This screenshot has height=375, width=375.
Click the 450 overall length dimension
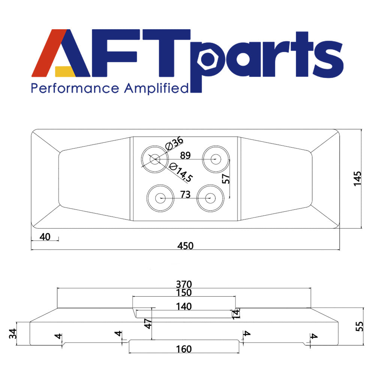[185, 246]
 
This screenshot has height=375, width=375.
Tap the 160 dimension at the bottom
[184, 349]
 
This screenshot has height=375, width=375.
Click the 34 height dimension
[13, 333]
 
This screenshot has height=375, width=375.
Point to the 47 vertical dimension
[148, 324]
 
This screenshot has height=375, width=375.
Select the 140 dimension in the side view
[184, 306]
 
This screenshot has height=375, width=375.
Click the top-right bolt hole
[215, 159]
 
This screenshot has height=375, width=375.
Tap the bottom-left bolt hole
[160, 198]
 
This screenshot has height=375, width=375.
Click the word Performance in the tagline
[75, 88]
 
